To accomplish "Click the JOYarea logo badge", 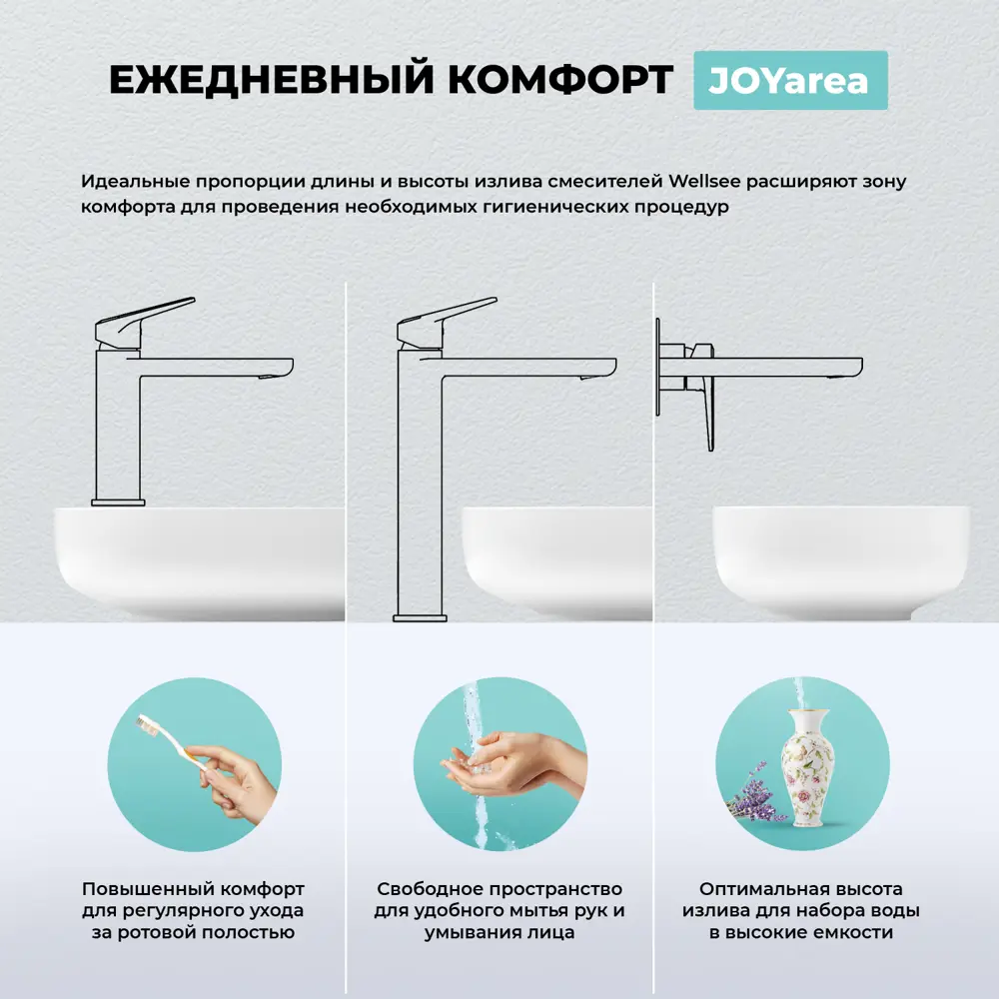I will (x=789, y=80).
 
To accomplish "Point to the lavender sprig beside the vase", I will (x=750, y=794).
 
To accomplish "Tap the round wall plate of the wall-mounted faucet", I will (x=659, y=367).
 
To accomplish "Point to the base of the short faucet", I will (x=118, y=500).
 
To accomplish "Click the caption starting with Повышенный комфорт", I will (x=193, y=910).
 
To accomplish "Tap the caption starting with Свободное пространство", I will (x=499, y=910).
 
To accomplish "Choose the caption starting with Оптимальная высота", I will (x=801, y=910).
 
